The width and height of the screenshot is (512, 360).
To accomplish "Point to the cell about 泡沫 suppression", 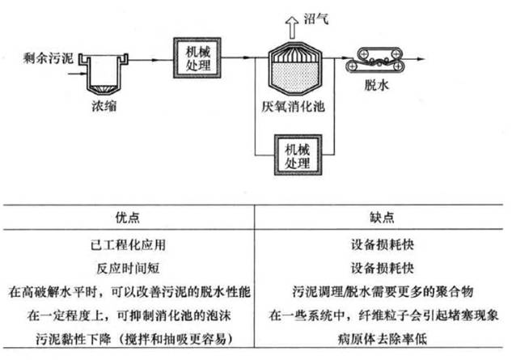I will click(x=129, y=313).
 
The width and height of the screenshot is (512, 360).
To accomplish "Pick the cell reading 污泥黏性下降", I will click(x=129, y=335).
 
